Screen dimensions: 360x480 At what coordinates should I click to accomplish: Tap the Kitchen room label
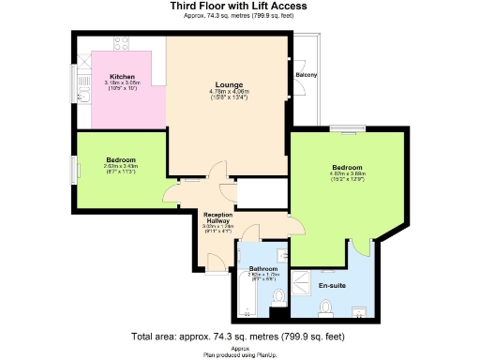(x=123, y=77)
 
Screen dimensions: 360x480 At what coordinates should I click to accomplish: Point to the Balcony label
(x=307, y=75)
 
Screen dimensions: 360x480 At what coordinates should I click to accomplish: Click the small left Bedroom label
(x=120, y=160)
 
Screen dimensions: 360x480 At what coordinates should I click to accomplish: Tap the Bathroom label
(x=263, y=269)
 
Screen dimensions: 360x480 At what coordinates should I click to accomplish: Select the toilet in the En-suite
(x=325, y=307)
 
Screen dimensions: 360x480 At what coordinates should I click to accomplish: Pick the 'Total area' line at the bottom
(x=238, y=335)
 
